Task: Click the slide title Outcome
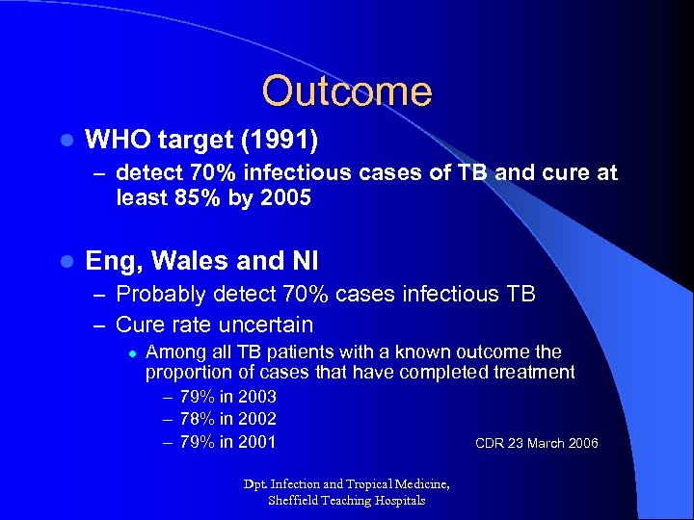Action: tap(346, 91)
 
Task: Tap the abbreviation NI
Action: tap(302, 261)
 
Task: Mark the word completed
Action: tap(447, 372)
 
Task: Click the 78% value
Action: tap(199, 419)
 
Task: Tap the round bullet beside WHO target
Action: tap(65, 142)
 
